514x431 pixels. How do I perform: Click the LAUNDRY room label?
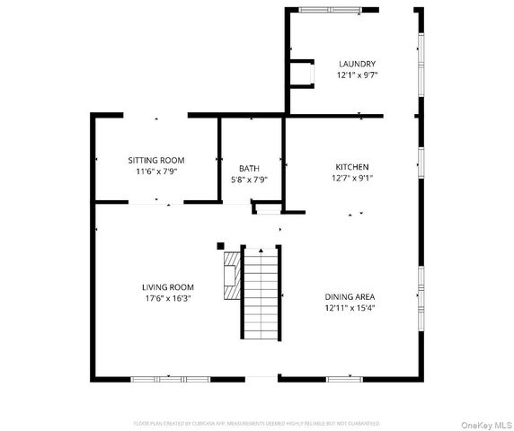[357, 64]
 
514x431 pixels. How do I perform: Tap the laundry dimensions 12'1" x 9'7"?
[357, 75]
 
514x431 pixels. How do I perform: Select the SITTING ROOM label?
[155, 160]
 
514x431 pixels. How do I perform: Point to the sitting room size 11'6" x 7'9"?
[155, 172]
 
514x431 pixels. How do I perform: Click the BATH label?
[249, 168]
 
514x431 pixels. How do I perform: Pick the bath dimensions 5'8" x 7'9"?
[249, 180]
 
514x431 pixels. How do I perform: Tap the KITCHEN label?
[351, 167]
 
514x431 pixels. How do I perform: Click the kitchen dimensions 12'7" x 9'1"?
[351, 178]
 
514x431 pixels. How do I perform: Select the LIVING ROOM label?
[168, 287]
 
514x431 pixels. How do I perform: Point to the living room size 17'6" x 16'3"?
[168, 298]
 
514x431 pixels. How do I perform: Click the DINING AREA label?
[350, 296]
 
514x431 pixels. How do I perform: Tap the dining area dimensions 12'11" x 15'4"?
[350, 308]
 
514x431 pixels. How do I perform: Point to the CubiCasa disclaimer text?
[256, 423]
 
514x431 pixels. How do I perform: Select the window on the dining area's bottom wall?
[343, 378]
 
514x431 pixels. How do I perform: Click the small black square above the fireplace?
[220, 244]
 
